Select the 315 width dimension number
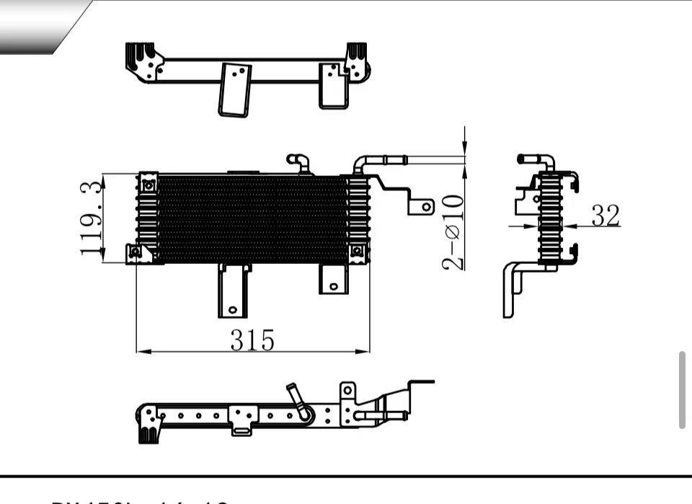[252, 340]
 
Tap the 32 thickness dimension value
[605, 215]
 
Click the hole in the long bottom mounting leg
[232, 310]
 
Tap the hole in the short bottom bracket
[333, 286]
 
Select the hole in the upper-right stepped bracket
[425, 206]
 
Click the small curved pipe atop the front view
[299, 162]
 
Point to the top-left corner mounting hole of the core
[148, 185]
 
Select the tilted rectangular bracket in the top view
[235, 89]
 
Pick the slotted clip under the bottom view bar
[242, 430]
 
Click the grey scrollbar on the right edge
[682, 390]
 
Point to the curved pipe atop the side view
[537, 162]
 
